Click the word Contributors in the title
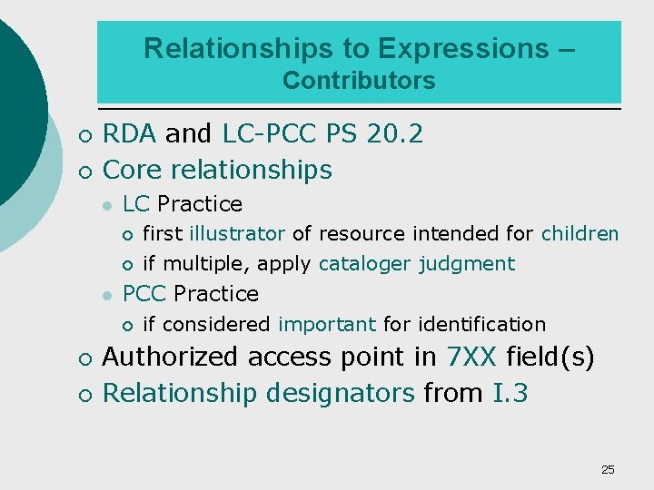(x=359, y=81)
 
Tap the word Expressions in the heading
(x=462, y=48)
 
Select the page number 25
(x=608, y=469)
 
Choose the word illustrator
(x=237, y=234)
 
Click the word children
(x=580, y=234)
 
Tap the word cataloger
(x=365, y=264)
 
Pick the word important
(x=327, y=325)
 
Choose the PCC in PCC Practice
(x=144, y=294)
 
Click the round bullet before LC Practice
(x=106, y=205)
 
